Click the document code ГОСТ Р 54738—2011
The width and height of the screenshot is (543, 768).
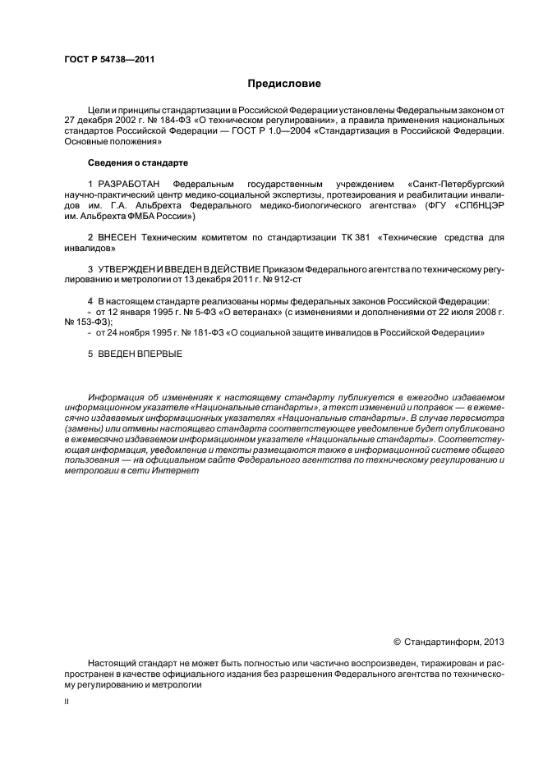pos(109,58)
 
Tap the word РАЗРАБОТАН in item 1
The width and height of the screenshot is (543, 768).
pos(125,182)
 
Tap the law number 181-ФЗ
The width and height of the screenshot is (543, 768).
pos(203,332)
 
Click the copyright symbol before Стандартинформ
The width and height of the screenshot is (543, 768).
pos(398,642)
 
